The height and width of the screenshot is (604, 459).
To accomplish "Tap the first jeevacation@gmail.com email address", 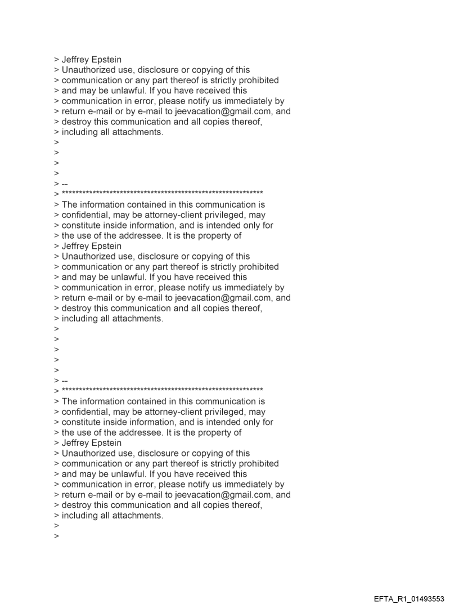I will (x=217, y=111).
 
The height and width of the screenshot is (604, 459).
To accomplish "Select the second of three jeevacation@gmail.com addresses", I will (x=217, y=298).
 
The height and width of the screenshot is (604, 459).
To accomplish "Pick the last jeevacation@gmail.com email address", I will (x=217, y=495).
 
